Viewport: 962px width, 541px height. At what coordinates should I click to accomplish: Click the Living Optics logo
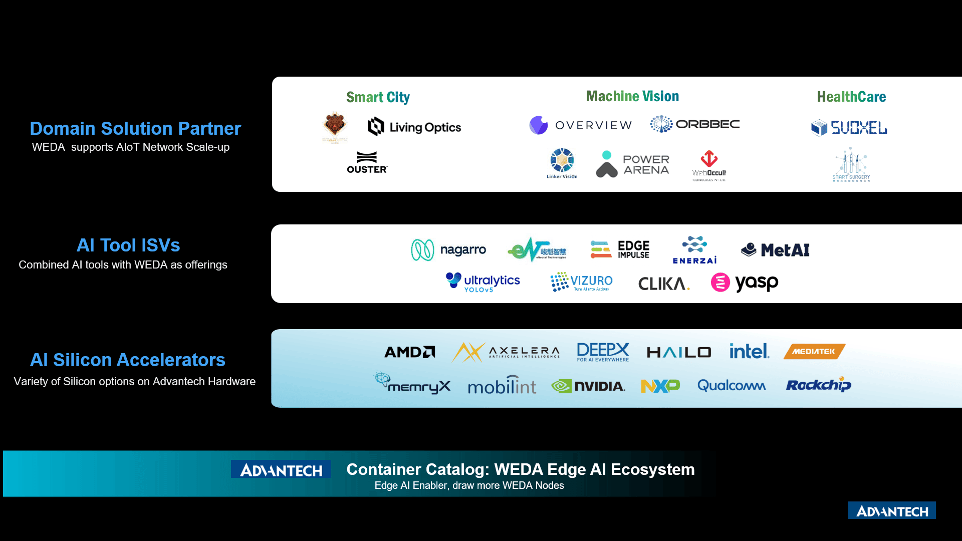(414, 127)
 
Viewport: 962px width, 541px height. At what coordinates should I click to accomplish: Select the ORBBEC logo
(695, 124)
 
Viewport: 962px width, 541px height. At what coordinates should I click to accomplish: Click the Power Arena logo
(633, 164)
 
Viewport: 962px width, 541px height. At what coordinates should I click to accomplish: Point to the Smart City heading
(378, 97)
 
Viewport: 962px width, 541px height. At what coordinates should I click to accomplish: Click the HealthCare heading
(851, 97)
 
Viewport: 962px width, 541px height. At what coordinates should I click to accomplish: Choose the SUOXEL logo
(849, 128)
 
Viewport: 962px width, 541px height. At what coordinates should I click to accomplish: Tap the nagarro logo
(448, 249)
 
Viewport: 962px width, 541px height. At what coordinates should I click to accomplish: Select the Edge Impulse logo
(620, 249)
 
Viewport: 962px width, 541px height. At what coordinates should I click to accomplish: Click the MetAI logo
(775, 249)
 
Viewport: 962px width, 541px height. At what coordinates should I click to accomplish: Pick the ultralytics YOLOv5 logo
(483, 283)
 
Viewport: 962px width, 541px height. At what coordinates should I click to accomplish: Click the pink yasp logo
(745, 283)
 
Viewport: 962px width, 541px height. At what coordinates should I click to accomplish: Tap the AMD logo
(410, 352)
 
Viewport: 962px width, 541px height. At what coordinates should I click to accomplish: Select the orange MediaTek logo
(814, 352)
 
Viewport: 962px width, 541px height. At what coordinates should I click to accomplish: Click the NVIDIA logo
(588, 386)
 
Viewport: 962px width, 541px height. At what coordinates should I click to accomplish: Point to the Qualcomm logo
(732, 386)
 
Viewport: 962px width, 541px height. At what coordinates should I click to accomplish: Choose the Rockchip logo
(818, 385)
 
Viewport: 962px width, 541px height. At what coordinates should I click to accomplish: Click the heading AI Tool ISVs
(128, 245)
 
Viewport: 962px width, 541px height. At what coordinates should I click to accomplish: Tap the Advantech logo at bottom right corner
(892, 510)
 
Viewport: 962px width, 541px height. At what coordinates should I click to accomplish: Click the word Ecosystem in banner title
(652, 469)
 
